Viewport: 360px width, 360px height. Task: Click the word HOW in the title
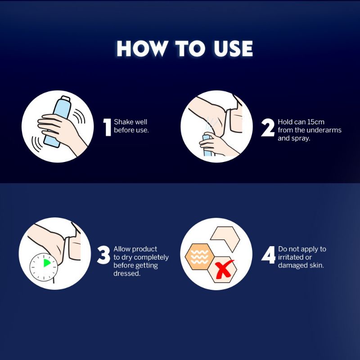[141, 49]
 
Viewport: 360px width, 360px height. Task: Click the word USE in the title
[233, 49]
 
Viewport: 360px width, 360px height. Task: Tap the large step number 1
[107, 127]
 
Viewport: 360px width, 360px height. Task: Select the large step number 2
[268, 127]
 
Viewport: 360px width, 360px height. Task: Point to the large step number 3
[103, 255]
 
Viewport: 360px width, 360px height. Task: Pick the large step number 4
[268, 255]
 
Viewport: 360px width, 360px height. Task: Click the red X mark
[223, 269]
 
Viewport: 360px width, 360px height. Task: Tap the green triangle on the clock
[47, 263]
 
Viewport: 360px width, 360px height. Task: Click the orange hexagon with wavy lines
[199, 256]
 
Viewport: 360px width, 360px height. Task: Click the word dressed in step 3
[127, 274]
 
